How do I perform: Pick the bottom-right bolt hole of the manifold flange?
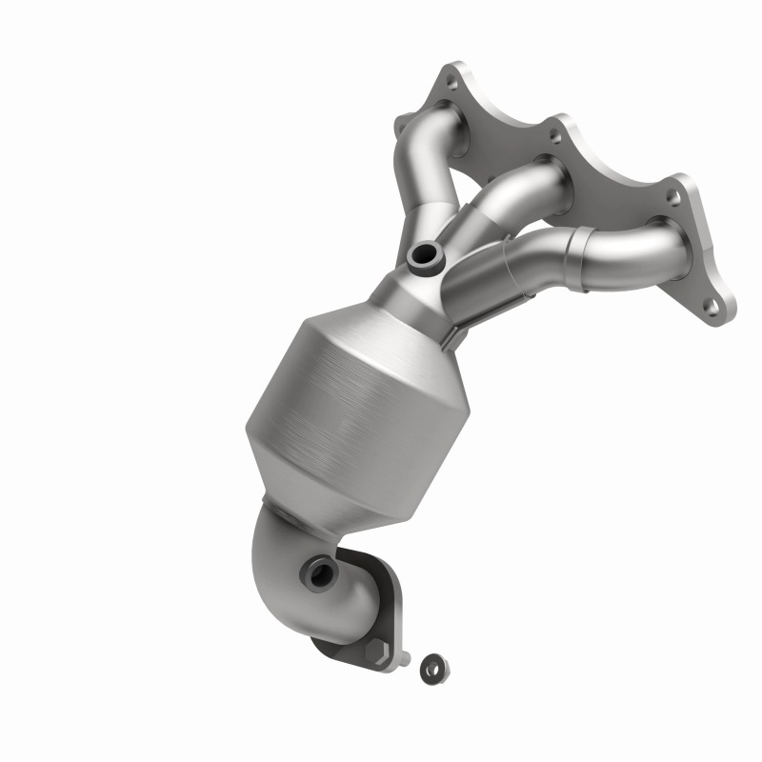pos(711,307)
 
